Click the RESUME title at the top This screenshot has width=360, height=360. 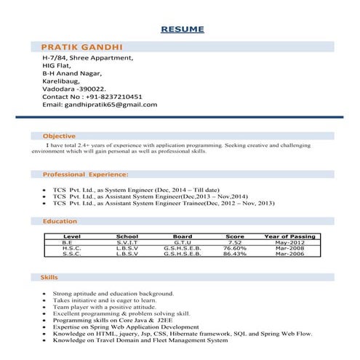pos(182,30)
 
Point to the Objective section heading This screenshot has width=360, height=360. pos(59,136)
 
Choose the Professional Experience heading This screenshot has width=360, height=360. pos(85,175)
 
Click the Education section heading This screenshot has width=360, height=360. pos(60,220)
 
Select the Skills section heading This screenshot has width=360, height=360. pos(50,277)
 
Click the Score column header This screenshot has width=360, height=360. pos(235,237)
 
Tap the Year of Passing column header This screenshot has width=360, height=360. pos(289,237)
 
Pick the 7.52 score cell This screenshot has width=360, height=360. pos(235,243)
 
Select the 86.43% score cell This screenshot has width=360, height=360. pos(235,255)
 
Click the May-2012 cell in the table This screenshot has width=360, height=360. pos(290,243)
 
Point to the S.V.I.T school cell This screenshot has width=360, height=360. pos(127,243)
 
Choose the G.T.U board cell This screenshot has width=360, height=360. pos(182,243)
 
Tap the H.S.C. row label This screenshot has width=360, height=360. pos(72,249)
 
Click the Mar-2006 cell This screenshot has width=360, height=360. pos(290,255)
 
